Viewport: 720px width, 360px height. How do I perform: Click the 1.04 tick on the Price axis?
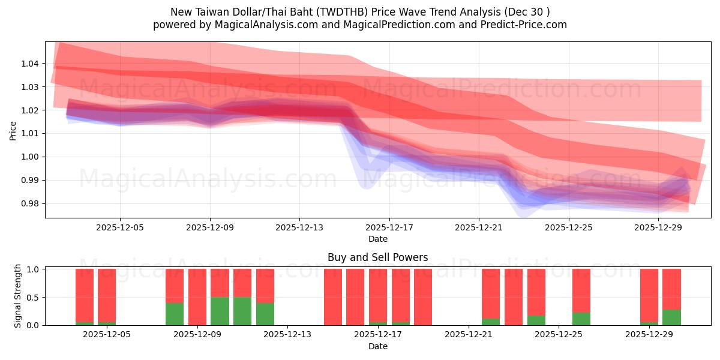tap(31, 64)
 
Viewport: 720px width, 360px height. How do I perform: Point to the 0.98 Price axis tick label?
tap(31, 203)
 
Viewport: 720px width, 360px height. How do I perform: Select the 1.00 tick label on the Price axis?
tap(31, 157)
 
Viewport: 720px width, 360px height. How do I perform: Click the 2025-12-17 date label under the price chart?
tap(389, 228)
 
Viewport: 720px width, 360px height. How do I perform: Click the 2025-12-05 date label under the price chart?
tap(120, 228)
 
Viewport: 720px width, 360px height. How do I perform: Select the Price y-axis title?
tap(13, 130)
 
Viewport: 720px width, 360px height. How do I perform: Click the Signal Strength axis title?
tap(18, 296)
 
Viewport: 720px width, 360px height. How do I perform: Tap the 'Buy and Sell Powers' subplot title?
tap(377, 257)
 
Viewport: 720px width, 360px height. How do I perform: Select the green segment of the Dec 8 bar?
tap(175, 314)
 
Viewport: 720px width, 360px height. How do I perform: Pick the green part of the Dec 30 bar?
tap(671, 317)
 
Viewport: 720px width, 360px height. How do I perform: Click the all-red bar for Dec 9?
tap(197, 297)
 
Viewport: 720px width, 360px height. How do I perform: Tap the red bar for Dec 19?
tap(423, 297)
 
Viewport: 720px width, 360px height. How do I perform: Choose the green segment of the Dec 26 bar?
tap(581, 319)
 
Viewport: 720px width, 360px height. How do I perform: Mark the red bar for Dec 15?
tap(333, 297)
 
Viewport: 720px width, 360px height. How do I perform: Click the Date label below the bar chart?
tap(377, 347)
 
